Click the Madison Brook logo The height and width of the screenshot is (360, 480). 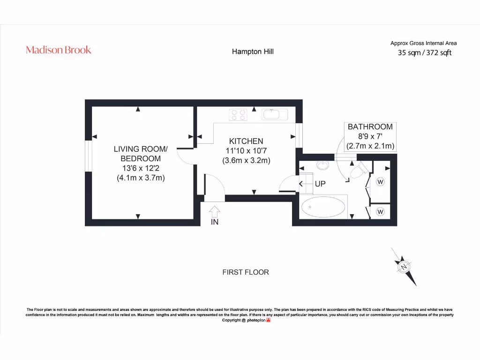[x=59, y=50]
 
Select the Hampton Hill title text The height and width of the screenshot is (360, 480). [x=253, y=52]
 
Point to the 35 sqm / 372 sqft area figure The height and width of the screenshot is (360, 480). [x=424, y=53]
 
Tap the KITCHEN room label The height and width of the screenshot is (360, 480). [x=246, y=141]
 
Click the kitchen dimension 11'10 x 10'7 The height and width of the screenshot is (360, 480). [x=246, y=150]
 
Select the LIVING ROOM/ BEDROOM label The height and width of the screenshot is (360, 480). [x=141, y=154]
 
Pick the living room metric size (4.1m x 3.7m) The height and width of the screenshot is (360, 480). [x=141, y=178]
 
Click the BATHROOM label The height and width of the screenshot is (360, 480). [x=370, y=127]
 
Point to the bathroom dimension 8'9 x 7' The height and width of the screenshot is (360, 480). [x=370, y=136]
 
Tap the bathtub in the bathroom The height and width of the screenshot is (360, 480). [x=324, y=207]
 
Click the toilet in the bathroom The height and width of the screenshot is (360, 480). [x=357, y=171]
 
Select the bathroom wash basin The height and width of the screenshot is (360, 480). [x=323, y=165]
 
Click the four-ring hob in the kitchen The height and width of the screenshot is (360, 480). [x=238, y=114]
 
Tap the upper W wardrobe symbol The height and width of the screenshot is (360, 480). [x=380, y=181]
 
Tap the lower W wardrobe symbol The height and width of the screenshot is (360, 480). [x=380, y=212]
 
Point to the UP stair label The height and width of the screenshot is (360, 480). [x=320, y=184]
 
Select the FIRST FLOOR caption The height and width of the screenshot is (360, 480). [x=246, y=272]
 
